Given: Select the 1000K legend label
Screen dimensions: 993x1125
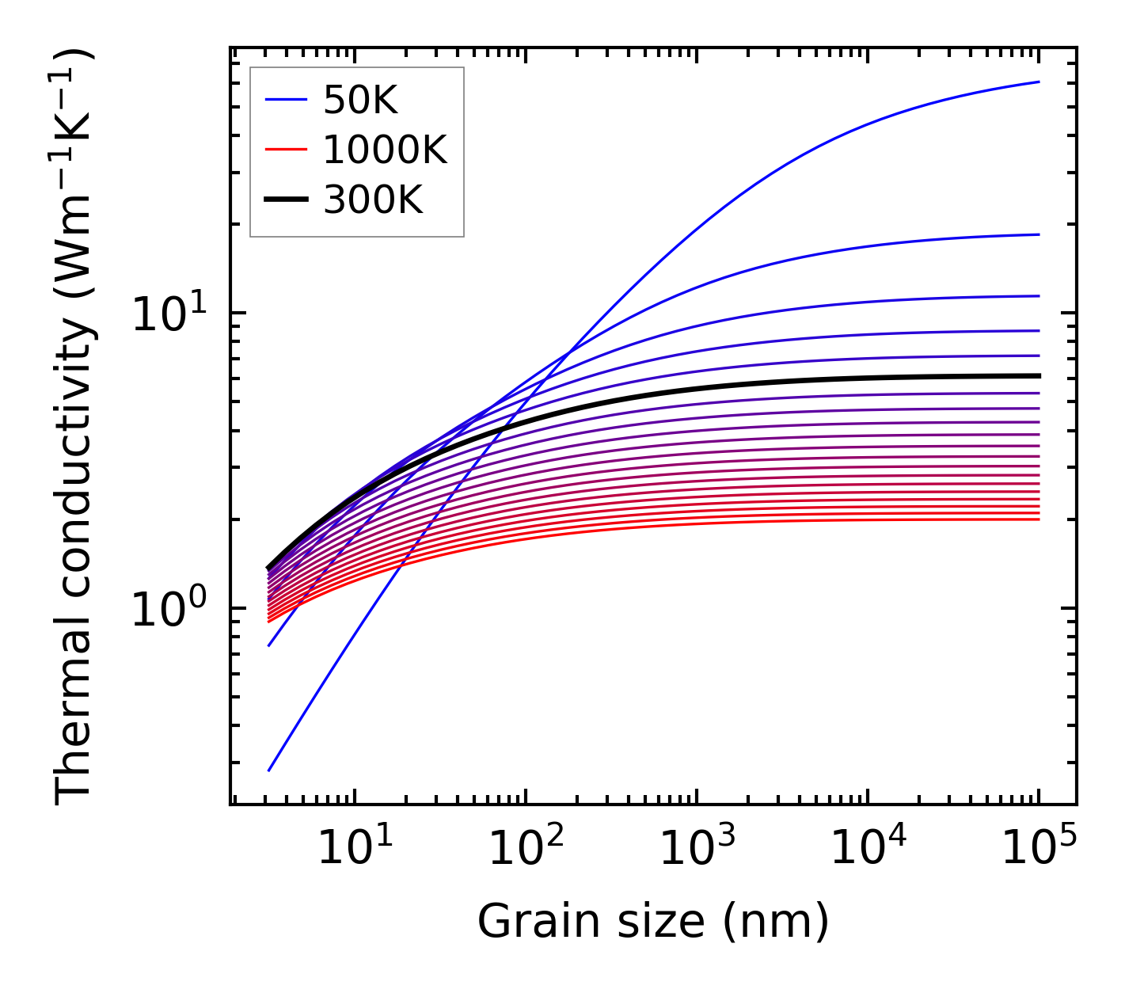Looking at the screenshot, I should [385, 150].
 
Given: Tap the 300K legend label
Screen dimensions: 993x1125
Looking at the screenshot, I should [373, 200].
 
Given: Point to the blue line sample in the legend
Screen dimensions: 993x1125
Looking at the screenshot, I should [285, 100].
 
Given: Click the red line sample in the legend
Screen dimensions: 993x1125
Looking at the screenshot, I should [285, 150].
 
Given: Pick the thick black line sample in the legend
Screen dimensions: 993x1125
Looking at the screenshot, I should [285, 200].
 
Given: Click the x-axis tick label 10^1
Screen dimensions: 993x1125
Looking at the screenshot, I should [354, 849].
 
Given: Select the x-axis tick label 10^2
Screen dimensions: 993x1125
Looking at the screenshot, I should [525, 849].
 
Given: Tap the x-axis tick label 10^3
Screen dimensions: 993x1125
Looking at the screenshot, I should [696, 849].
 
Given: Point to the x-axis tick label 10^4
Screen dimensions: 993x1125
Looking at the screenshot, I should [867, 849].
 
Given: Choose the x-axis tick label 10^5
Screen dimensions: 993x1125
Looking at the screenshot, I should [1038, 849].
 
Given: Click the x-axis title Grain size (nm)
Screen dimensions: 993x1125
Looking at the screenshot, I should [653, 922].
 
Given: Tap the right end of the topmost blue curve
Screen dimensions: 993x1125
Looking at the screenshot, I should [1038, 82].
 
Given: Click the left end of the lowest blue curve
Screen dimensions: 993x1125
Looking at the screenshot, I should [269, 770].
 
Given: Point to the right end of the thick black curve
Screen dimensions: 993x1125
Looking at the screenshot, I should [1038, 375].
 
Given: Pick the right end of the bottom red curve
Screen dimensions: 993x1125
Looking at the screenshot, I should [1038, 519].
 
